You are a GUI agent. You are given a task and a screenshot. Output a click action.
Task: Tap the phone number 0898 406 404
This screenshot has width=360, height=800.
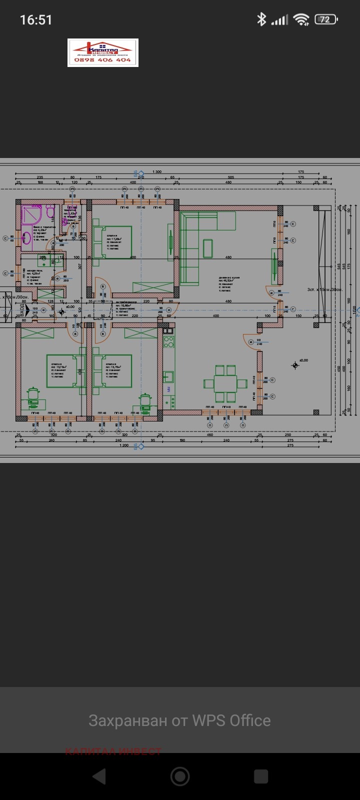(x=102, y=60)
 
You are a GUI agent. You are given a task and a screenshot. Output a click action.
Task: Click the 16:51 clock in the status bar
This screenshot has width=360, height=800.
(x=36, y=20)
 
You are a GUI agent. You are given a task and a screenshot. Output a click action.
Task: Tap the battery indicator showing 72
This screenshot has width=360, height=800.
(x=325, y=20)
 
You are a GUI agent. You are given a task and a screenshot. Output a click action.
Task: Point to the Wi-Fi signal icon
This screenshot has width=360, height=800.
(x=301, y=20)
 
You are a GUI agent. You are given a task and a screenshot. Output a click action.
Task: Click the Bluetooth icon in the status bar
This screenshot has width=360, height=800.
(x=261, y=20)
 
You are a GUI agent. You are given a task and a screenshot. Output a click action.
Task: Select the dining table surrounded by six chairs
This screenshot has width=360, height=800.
(x=225, y=383)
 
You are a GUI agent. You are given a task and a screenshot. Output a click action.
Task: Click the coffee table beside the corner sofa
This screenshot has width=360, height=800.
(x=207, y=246)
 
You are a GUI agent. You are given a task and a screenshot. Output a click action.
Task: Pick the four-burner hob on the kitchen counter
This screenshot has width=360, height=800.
(x=169, y=342)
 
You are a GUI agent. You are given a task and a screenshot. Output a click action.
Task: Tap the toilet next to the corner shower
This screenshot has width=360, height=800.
(x=50, y=214)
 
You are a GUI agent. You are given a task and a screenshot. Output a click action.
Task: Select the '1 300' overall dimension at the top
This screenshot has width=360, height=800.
(x=156, y=172)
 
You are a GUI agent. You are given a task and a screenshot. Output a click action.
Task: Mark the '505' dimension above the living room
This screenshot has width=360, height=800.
(x=231, y=177)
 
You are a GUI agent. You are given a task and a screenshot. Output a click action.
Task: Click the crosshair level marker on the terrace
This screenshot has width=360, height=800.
(x=295, y=365)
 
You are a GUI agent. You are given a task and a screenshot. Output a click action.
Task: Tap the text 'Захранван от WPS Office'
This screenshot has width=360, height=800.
(x=179, y=720)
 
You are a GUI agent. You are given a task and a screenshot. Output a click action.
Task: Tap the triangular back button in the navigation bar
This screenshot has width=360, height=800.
(x=99, y=776)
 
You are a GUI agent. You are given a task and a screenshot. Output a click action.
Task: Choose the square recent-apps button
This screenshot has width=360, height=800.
(x=261, y=776)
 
